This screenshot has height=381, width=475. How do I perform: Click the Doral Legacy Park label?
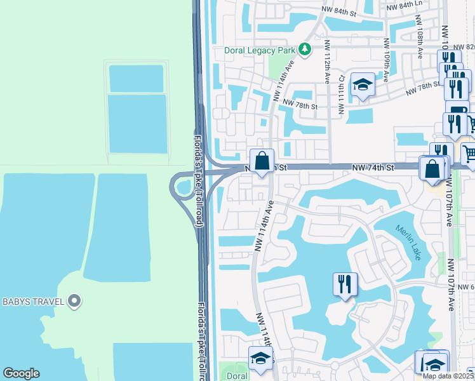260,50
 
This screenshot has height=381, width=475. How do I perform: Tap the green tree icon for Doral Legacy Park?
305,49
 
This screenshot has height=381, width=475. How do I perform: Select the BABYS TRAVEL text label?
32,301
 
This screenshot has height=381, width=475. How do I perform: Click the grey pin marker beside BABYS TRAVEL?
74,301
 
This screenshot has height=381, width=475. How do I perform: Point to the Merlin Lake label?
408,243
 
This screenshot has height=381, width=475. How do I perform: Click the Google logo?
21,373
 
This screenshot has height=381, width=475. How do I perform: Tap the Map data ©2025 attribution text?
448,376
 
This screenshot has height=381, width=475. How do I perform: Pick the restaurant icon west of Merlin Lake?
345,284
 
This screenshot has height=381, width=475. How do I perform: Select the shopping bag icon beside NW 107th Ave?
432,169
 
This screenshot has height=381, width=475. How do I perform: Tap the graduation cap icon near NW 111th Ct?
362,84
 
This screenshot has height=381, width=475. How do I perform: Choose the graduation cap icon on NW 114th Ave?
260,359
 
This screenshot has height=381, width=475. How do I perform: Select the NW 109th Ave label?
386,60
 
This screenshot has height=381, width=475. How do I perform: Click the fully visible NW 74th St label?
373,167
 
